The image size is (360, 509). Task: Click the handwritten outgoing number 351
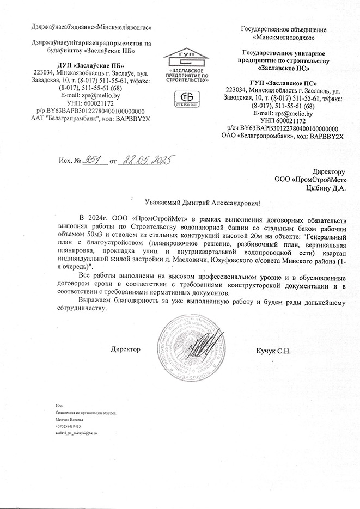(x=91, y=161)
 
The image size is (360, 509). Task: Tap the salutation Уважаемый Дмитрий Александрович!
(x=199, y=202)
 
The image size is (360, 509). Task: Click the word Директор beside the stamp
(x=126, y=348)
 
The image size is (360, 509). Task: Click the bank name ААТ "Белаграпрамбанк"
(x=63, y=116)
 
